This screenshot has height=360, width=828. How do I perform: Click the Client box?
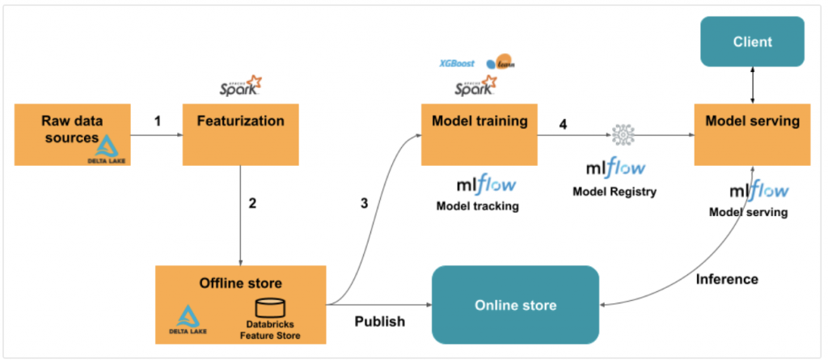753,41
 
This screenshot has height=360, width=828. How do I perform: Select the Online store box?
516,305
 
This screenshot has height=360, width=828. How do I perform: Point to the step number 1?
158,121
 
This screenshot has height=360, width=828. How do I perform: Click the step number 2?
252,203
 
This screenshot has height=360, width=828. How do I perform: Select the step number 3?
364,203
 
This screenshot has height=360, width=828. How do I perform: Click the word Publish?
380,321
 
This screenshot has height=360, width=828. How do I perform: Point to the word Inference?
727,279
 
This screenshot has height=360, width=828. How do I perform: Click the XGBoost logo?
457,63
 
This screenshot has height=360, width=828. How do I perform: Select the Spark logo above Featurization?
240,85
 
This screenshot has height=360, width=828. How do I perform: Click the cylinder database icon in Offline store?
271,309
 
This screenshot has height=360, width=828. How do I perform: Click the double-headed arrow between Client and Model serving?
754,85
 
